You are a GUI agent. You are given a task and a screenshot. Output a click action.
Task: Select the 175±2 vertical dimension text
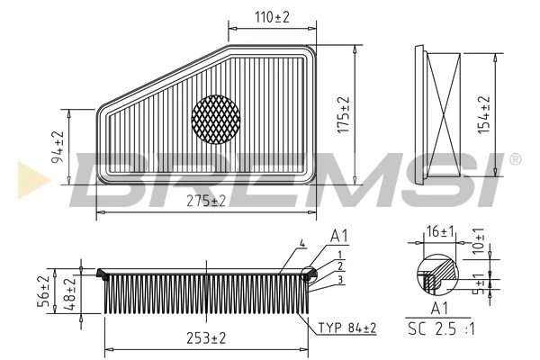[342, 114]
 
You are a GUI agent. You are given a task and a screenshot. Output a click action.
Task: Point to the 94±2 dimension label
[58, 146]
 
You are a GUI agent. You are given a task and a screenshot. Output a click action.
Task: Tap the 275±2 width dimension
[207, 200]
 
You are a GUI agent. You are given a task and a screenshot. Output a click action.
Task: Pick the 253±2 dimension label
[206, 337]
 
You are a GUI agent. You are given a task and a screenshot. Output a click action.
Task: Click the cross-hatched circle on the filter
[217, 118]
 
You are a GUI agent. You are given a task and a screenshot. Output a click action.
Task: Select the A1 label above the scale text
[438, 308]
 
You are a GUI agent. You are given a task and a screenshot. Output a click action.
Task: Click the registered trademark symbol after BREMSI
[515, 159]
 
